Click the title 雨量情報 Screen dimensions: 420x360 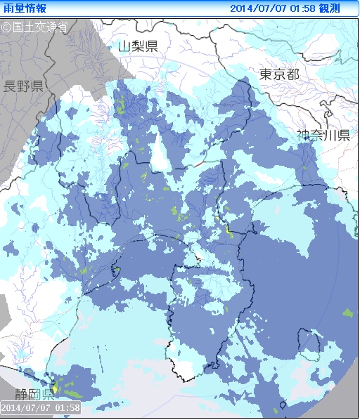pos(25,8)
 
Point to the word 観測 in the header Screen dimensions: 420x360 pos(330,8)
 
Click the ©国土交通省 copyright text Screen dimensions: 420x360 pos(34,27)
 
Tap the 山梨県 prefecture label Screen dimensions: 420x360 pos(138,46)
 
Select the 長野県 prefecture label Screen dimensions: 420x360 pos(24,86)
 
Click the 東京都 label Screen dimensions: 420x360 pos(279,75)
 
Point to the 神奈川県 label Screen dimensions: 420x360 pos(323,136)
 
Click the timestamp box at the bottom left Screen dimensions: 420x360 pos(41,407)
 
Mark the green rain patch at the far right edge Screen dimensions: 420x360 pos(347,312)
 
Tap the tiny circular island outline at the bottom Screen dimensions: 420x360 pos(283,404)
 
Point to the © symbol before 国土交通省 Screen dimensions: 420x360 pos(6,27)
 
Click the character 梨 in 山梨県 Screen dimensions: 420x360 pos(138,46)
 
